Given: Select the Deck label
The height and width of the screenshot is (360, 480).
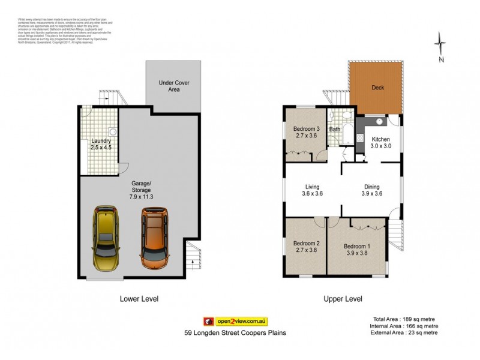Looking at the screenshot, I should tap(378, 88).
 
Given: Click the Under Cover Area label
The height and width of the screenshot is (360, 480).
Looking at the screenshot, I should tap(174, 86).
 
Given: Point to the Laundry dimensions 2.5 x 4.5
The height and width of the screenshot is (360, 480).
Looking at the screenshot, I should tap(101, 148).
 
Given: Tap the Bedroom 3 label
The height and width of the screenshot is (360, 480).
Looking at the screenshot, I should tap(306, 129).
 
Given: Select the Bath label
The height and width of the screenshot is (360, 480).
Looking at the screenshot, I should tap(335, 129).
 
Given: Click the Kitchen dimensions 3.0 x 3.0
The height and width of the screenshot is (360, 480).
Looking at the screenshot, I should tap(381, 146).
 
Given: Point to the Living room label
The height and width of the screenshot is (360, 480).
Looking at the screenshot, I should tap(311, 186).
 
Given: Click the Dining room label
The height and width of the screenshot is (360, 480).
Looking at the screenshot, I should tap(372, 186).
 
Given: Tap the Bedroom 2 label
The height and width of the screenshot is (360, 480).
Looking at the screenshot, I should tap(306, 243).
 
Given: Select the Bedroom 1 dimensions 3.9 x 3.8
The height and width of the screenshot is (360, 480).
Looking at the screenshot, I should tap(357, 253).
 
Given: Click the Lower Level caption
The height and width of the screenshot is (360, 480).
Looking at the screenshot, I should tap(139, 298).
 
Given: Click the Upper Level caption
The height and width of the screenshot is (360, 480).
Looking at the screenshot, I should tap(343, 298).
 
